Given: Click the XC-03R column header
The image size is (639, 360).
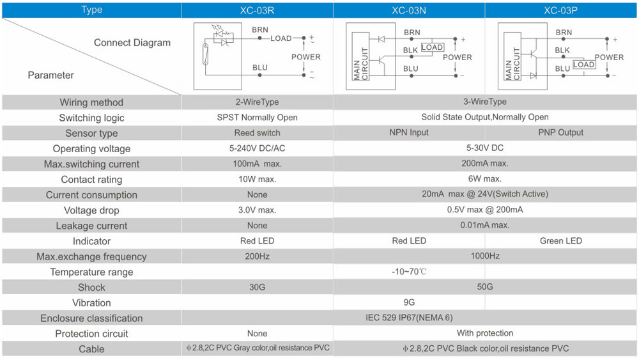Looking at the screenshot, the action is coord(257,10).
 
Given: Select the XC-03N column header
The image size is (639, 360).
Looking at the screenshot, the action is coord(409,10).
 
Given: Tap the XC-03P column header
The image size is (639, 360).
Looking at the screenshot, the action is coord(561,10).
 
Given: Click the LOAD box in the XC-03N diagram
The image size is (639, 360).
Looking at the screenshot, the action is coord(433,47).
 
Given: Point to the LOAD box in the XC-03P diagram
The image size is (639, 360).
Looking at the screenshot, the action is coord(583,65).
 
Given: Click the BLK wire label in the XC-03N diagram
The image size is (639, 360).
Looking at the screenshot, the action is coord(410,50).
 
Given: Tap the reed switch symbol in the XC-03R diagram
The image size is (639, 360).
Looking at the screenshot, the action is coord(206,54).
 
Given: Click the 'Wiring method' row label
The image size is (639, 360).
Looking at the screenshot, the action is coord(91,102).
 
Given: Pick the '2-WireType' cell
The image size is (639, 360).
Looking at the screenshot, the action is coord(257,102).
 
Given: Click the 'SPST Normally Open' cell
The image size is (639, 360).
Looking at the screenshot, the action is coord(257,118).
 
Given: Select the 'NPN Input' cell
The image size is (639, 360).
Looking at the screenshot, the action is coord(409,132).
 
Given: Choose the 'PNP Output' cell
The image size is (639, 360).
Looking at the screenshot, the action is coord(561,132).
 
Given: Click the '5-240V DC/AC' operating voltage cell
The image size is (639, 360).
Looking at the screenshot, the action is coord(257,148).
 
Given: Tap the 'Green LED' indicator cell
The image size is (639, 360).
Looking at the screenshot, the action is coord(561,241).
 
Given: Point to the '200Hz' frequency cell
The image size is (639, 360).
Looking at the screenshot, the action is coord(257,256).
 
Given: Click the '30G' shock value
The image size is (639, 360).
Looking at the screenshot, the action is coord(257,287).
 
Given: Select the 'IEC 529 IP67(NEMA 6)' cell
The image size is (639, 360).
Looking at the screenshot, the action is coord(409,318).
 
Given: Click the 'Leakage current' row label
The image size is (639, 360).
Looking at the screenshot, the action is coord(91,226).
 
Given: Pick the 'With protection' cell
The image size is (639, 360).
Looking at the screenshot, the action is coord(485,333).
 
